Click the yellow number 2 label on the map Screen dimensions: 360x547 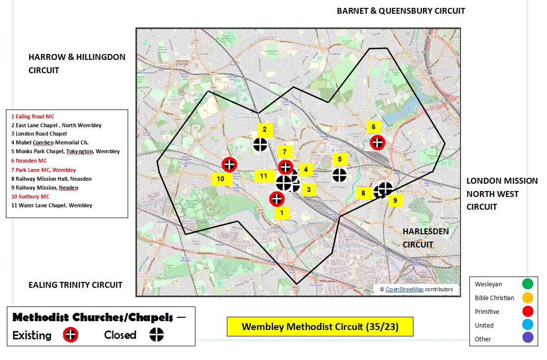pos(265,130)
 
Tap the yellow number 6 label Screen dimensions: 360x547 pos(374,127)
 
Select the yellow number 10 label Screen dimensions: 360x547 pos(221,179)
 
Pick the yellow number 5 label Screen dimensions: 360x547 pos(339,159)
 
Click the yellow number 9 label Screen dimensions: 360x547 pos(395,200)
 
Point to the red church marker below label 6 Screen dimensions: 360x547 pos(377,142)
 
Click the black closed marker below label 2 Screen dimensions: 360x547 pos(260,144)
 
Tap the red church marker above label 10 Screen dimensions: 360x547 pos(229,165)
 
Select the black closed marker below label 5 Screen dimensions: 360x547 pos(339,174)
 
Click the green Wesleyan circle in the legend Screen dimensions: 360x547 pos(527,284)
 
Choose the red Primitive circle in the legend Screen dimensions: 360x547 pos(527,311)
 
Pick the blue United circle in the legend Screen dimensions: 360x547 pos(527,325)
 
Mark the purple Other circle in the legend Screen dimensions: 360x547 pos(527,338)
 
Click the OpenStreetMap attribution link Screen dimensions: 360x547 pos(404,289)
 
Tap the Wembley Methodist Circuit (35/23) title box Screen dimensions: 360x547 pos(320,327)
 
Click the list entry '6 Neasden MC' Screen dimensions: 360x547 pos(29,161)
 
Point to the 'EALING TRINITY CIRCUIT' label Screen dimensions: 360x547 pos(75,284)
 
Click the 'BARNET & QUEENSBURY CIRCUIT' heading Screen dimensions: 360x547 pos(401,11)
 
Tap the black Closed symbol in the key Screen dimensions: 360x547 pos(156,335)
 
